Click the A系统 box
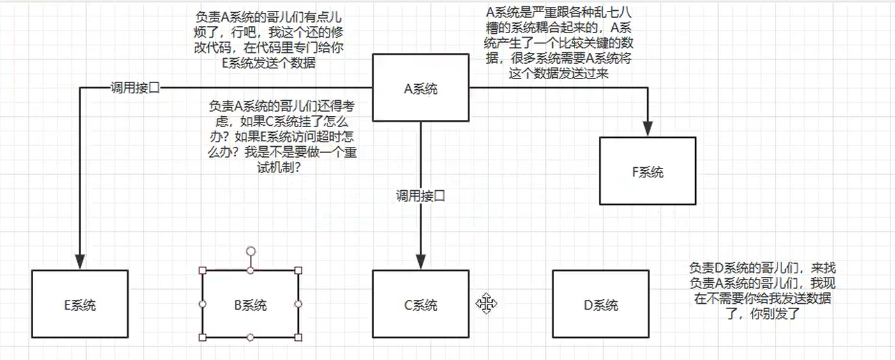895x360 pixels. [421, 89]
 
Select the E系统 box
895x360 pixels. [80, 304]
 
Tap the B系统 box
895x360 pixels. [250, 304]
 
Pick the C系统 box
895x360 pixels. [421, 304]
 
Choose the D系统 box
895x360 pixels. [601, 304]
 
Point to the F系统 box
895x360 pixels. [647, 172]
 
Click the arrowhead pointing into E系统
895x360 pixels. [80, 261]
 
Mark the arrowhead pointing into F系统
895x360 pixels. [648, 129]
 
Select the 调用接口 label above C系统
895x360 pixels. [419, 196]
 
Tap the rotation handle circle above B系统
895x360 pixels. [251, 251]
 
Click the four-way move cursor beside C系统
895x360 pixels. [486, 304]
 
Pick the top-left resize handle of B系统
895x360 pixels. [203, 271]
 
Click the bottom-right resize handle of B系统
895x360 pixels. [298, 338]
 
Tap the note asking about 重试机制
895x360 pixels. [279, 136]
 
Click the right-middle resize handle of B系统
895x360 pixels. [298, 304]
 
